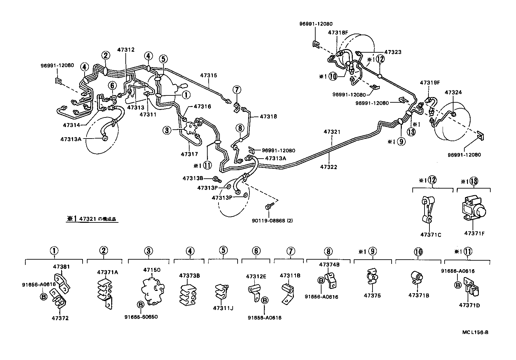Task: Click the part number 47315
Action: pyautogui.click(x=209, y=75)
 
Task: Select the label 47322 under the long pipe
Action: pyautogui.click(x=328, y=167)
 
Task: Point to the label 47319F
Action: pyautogui.click(x=429, y=83)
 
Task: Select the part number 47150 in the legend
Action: pyautogui.click(x=152, y=270)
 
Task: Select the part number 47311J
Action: pyautogui.click(x=223, y=308)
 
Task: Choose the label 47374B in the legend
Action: pyautogui.click(x=328, y=264)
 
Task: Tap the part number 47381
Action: pyautogui.click(x=62, y=267)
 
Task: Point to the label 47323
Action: pyautogui.click(x=393, y=52)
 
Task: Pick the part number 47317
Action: pyautogui.click(x=189, y=154)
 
